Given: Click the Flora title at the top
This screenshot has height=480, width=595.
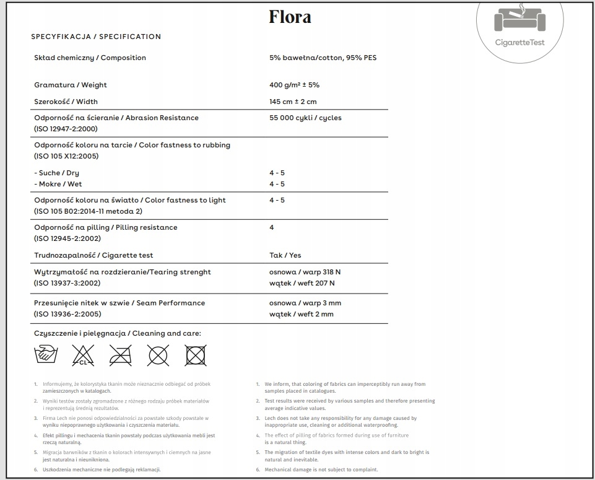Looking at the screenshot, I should [x=290, y=17].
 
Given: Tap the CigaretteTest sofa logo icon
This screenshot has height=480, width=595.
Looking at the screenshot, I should [x=520, y=20].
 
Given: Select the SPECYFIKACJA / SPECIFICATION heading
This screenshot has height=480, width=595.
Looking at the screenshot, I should [x=96, y=37].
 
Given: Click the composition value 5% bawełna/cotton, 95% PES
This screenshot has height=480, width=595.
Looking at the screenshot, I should [x=323, y=58].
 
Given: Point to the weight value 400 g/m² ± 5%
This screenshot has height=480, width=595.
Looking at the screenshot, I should [x=294, y=85].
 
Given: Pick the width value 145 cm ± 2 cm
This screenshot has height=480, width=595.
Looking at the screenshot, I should [x=293, y=102].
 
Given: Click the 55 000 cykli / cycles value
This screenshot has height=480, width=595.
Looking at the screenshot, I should [x=305, y=118].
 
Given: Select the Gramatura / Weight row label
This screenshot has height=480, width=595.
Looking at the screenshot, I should [x=71, y=85].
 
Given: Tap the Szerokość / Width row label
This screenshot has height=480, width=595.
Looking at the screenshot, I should [x=66, y=102].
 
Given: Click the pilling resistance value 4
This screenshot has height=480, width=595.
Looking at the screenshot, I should [x=272, y=227].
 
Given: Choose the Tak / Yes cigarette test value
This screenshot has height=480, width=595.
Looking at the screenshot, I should [x=285, y=255].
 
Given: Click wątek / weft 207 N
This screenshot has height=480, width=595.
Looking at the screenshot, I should [x=302, y=283].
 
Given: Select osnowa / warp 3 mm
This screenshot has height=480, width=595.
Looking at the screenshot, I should [x=305, y=303].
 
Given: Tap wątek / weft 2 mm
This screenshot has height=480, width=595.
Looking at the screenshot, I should [x=301, y=314].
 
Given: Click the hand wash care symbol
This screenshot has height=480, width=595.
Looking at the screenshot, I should [x=45, y=356].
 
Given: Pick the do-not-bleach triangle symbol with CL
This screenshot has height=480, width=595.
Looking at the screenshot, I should [x=83, y=356].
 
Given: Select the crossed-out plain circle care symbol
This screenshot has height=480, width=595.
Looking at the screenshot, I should [x=158, y=356].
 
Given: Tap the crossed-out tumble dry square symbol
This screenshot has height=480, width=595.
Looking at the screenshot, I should [x=196, y=356].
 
